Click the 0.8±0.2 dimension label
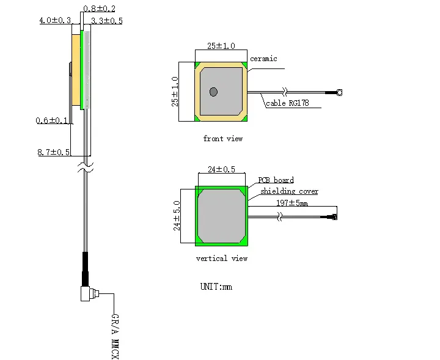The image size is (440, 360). pos(100,9)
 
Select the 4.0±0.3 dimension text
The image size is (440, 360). pos(55,20)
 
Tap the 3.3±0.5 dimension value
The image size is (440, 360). pos(107,21)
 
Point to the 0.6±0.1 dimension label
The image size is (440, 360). pos(52,120)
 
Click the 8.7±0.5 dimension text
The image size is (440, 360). pos(54,152)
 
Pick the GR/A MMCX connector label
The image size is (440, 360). pos(115,336)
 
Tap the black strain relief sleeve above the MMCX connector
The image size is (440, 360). pos(86,269)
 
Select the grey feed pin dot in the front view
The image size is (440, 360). pos(213,92)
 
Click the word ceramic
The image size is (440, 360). pos(263,59)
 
